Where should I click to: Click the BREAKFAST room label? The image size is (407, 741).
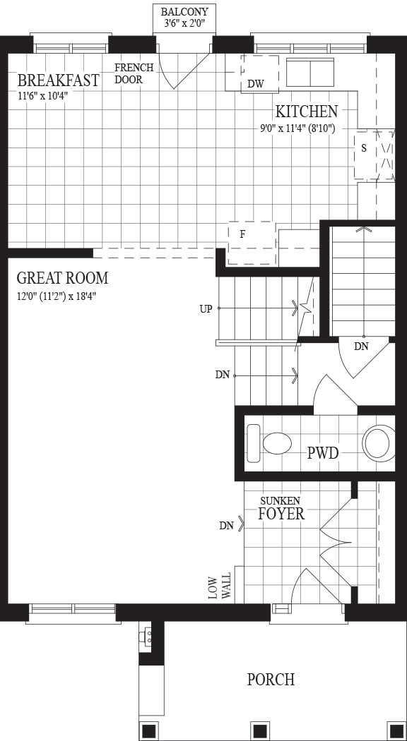(x=58, y=80)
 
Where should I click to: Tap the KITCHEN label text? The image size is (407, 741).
(x=307, y=112)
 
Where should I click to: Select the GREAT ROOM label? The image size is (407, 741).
(x=62, y=278)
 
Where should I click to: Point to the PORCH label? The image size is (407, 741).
(x=271, y=680)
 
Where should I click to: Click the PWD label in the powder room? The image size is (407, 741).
(x=323, y=453)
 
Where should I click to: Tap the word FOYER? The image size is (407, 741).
(x=281, y=514)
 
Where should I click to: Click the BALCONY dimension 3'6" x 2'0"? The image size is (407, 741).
(x=184, y=23)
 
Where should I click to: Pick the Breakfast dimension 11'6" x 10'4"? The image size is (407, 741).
(x=44, y=94)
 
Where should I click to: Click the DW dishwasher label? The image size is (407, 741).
(x=256, y=84)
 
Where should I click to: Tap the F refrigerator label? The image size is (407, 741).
(x=242, y=234)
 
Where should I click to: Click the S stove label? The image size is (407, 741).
(x=363, y=148)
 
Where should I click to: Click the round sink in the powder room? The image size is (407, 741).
(x=379, y=442)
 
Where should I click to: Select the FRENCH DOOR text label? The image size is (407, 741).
(x=134, y=73)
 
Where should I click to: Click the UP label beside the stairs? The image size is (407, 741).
(x=206, y=309)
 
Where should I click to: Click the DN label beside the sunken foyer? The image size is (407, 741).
(x=227, y=526)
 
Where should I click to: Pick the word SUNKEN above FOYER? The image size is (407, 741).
(x=281, y=500)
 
